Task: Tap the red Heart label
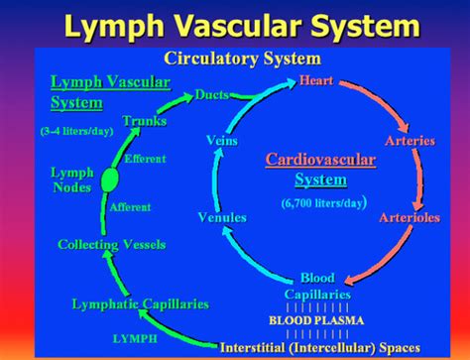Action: (x=316, y=80)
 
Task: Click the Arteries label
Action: (x=409, y=141)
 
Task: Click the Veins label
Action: (x=220, y=142)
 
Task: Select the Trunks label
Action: (x=145, y=121)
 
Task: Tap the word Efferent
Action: (x=145, y=158)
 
